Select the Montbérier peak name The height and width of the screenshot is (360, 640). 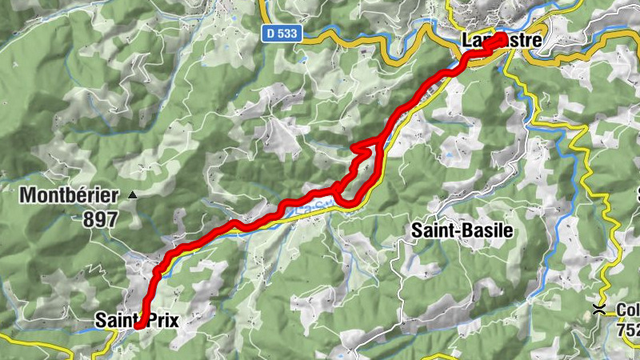click(70, 194)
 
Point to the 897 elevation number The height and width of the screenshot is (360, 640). click(99, 218)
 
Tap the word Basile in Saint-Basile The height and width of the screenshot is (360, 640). click(487, 230)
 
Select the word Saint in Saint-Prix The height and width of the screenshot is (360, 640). click(114, 320)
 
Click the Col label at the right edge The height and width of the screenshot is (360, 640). click(627, 310)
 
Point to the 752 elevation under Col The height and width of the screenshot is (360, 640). click(628, 328)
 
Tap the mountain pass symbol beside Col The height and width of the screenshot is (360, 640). click(599, 308)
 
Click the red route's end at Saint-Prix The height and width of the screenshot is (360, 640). click(139, 325)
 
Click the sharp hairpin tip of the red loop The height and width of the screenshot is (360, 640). click(354, 148)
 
